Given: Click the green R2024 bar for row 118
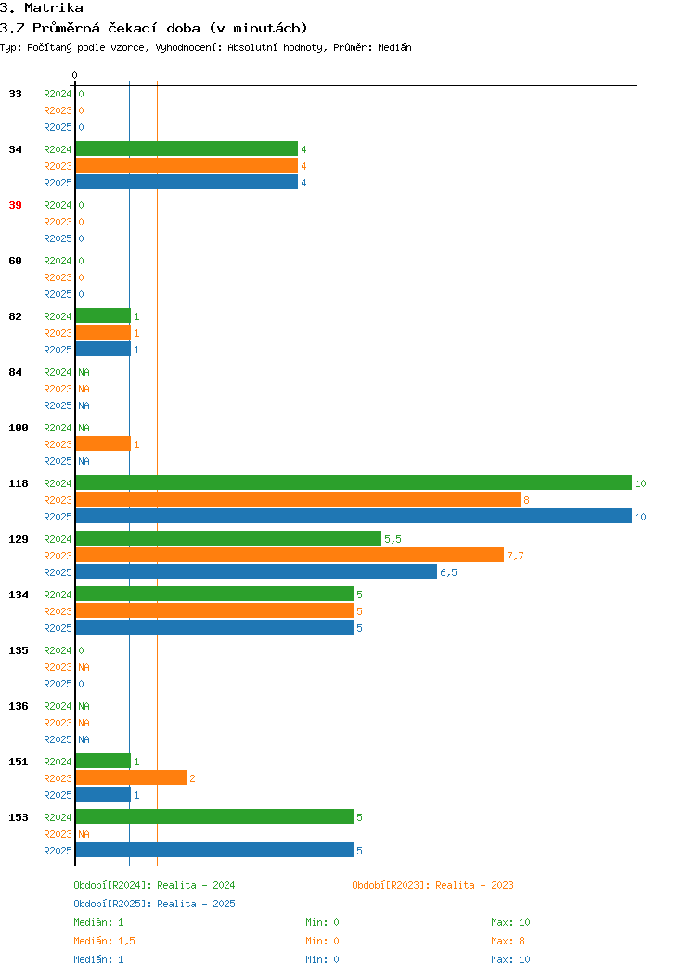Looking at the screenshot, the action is coord(354,482).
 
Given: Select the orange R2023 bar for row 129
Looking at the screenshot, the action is coord(290,555).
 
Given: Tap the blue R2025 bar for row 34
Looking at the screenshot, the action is coord(187,182).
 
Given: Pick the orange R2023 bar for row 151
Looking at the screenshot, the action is coord(131,777).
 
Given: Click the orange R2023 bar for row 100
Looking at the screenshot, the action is coord(103,443).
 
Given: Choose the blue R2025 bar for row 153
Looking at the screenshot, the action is coord(214,850).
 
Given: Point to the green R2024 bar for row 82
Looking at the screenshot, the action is coord(103,315).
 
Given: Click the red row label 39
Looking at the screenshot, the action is coord(15,205).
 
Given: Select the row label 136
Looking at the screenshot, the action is coord(18,706).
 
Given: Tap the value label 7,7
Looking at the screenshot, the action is coord(515,556).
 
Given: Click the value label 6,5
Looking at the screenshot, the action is coord(448,572).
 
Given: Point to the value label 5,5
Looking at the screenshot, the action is coord(393,539).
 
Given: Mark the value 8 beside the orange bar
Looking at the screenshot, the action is coord(527,500).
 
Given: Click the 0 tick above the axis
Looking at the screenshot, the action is coord(75,75).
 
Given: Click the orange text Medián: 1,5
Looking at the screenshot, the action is coord(105,941).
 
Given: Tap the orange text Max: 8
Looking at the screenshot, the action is coord(508,941).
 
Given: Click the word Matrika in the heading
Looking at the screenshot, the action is coord(54,8).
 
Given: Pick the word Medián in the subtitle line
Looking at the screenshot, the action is coord(394,47).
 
